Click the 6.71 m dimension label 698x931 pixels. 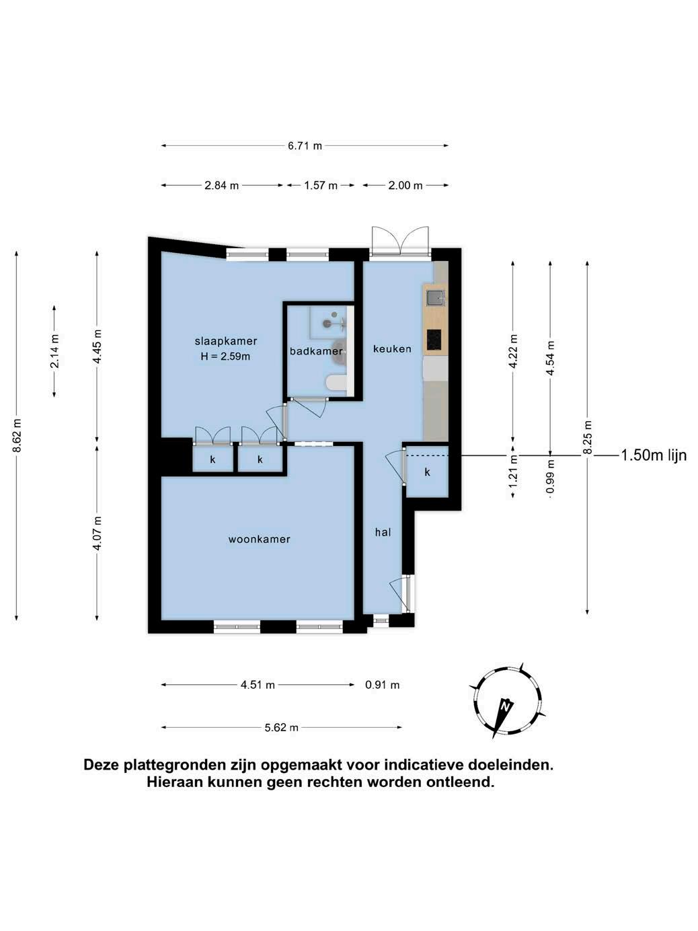(305, 146)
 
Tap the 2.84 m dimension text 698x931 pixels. (222, 186)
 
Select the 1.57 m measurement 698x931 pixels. (321, 186)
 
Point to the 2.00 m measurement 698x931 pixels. (405, 186)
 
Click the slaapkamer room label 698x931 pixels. (226, 341)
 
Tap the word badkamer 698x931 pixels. (316, 351)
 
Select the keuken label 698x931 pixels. (392, 348)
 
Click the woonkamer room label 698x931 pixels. (260, 539)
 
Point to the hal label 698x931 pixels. (383, 532)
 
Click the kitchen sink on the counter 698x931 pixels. (435, 297)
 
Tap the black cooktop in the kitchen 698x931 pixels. (434, 339)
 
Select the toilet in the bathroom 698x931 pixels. (336, 383)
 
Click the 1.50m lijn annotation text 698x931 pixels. (654, 455)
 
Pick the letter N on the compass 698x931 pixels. (505, 706)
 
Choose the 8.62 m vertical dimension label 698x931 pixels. (17, 436)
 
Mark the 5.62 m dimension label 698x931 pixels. (281, 728)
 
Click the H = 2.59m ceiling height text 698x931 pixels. (225, 357)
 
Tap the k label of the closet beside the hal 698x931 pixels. (427, 472)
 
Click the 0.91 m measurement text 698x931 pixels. (382, 685)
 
